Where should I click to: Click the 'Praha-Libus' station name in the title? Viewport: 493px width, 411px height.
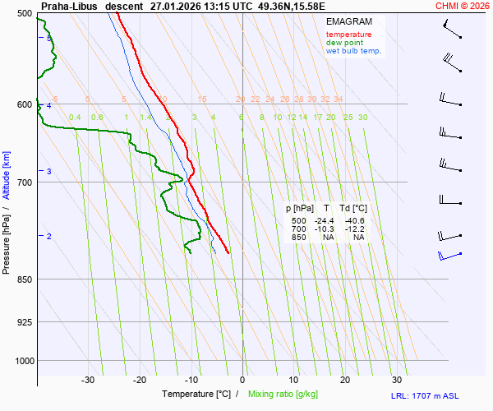69,6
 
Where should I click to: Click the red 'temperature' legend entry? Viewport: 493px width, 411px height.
348,35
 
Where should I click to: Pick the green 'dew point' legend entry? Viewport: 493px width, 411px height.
344,43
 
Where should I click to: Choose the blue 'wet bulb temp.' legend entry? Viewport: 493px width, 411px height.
353,51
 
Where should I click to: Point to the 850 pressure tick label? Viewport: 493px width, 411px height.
24,279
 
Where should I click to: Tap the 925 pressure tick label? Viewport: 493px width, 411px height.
24,321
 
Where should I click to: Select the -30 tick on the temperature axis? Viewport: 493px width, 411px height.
88,380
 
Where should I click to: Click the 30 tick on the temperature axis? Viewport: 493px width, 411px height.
397,380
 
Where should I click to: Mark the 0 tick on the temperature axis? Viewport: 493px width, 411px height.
242,380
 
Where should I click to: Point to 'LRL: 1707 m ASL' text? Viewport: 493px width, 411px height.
439,396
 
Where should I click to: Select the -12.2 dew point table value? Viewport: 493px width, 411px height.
355,229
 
